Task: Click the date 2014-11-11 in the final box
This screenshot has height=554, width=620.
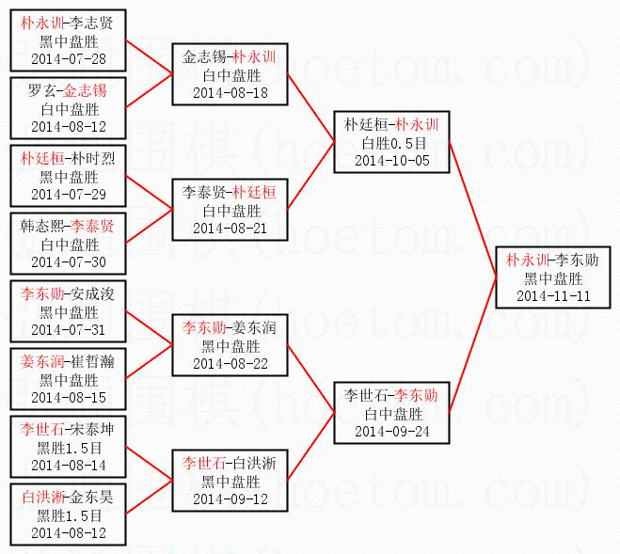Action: tap(553, 296)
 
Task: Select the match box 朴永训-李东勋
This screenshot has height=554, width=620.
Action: tap(553, 278)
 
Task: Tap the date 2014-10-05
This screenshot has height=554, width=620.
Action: tap(391, 160)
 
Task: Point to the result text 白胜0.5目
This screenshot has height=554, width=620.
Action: tap(391, 142)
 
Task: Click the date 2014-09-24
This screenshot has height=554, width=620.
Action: tap(391, 431)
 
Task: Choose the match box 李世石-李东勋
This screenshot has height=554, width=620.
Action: tap(391, 413)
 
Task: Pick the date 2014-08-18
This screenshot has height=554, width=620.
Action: tap(230, 92)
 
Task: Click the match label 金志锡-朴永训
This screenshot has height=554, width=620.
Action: tap(230, 56)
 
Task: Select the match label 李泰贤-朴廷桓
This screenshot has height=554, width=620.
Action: tap(230, 192)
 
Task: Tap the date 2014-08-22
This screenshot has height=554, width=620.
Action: tap(230, 363)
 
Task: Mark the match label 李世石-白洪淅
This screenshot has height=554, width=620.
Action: tap(230, 463)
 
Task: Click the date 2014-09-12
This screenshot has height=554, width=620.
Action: tap(230, 499)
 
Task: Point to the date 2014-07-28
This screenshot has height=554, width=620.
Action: tap(68, 59)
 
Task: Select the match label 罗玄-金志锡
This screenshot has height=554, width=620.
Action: tap(68, 90)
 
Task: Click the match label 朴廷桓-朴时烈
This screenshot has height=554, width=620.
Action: tap(68, 158)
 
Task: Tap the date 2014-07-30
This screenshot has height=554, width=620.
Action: tap(68, 262)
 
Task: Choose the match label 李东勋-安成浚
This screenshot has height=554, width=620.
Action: tap(68, 293)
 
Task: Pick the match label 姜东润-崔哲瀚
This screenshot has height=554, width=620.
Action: tap(68, 361)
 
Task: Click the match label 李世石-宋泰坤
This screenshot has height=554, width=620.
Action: tap(68, 429)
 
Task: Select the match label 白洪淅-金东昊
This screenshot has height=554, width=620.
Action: tap(68, 497)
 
